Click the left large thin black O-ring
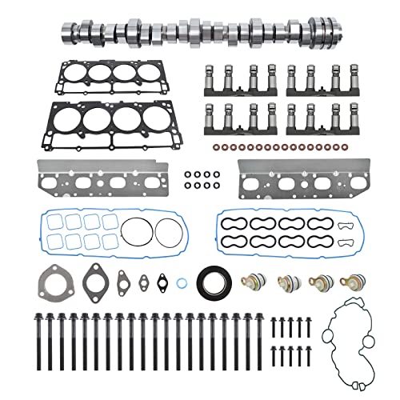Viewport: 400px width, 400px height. [x=133, y=236]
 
